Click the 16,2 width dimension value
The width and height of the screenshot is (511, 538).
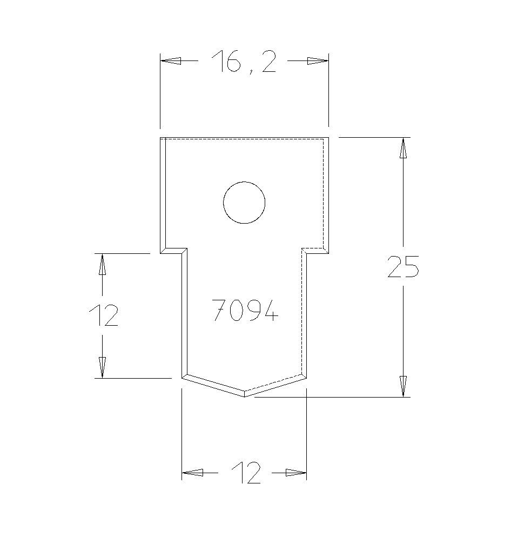pyautogui.click(x=244, y=62)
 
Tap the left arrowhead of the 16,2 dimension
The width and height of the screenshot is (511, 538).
pyautogui.click(x=171, y=62)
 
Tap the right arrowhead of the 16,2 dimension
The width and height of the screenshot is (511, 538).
pyautogui.click(x=318, y=62)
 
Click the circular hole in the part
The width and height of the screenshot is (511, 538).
pyautogui.click(x=244, y=203)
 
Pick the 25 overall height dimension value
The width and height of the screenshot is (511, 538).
pyautogui.click(x=403, y=267)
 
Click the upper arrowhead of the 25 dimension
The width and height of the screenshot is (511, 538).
pyautogui.click(x=403, y=149)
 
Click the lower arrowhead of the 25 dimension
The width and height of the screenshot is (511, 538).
pyautogui.click(x=403, y=386)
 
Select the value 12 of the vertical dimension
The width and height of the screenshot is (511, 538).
pyautogui.click(x=103, y=315)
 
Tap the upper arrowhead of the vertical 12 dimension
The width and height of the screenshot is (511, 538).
pyautogui.click(x=102, y=265)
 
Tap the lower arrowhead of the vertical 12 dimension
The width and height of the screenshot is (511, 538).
pyautogui.click(x=102, y=367)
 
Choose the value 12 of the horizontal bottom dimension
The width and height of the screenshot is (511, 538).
pyautogui.click(x=246, y=473)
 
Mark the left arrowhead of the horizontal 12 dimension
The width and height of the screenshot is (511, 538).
pyautogui.click(x=193, y=473)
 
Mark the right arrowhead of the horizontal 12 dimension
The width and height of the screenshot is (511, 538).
pyautogui.click(x=295, y=473)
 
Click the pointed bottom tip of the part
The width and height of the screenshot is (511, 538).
pyautogui.click(x=244, y=396)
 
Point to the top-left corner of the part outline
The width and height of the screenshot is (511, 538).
pyautogui.click(x=161, y=139)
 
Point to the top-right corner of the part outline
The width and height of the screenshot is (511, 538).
pyautogui.click(x=328, y=139)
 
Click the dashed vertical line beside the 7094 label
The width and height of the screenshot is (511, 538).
pyautogui.click(x=301, y=313)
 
